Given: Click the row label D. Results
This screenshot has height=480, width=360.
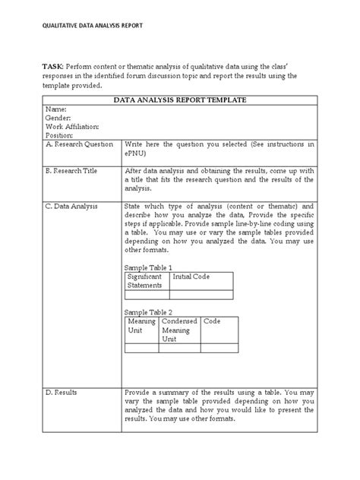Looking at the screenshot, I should click(x=61, y=393).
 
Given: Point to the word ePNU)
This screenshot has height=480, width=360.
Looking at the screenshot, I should click(x=137, y=153).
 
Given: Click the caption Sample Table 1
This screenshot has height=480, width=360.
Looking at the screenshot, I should click(x=148, y=268).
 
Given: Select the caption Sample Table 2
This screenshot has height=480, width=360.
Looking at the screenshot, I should click(x=148, y=312).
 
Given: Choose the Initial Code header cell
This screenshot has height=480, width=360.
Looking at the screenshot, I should click(x=191, y=277).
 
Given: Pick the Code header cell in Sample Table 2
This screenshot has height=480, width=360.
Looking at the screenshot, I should click(x=212, y=322).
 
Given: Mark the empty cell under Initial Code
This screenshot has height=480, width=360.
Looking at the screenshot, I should click(x=201, y=295).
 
